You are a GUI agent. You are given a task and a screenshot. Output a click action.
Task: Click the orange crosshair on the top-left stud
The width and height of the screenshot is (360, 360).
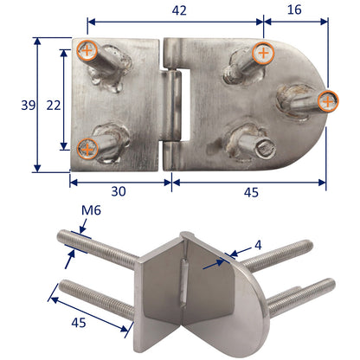point(86,50)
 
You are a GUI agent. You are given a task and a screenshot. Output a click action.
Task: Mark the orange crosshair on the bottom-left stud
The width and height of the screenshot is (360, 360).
point(87,146)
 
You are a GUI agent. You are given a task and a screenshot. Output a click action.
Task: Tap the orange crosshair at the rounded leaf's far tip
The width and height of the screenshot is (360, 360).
point(326,101)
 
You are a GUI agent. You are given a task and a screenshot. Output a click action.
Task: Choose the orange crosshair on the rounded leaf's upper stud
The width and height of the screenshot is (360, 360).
point(262,54)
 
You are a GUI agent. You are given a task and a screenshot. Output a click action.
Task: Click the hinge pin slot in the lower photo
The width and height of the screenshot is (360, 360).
point(189,282)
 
